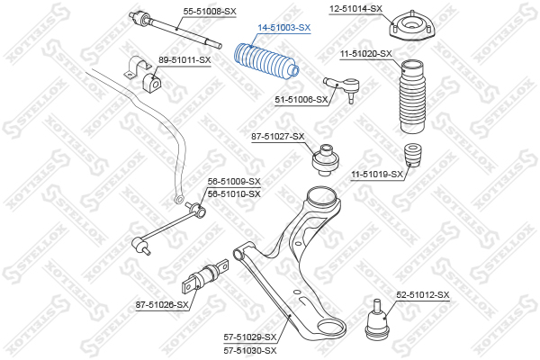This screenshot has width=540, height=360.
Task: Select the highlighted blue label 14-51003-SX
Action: click(285, 28)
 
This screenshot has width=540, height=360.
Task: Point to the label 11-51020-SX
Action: click(365, 54)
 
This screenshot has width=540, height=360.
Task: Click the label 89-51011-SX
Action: click(184, 60)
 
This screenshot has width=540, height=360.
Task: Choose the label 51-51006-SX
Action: click(301, 100)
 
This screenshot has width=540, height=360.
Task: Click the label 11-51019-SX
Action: click(376, 174)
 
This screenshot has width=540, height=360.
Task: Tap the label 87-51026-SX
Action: click(162, 304)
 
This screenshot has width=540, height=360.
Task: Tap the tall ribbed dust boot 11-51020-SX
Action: click(411, 94)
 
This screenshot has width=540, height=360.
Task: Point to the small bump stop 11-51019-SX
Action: click(415, 154)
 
